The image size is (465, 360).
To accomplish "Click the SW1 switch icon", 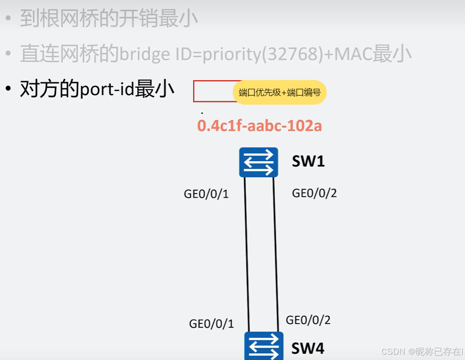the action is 259,162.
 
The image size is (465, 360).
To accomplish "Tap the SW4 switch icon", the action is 264,346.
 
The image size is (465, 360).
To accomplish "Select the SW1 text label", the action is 308,161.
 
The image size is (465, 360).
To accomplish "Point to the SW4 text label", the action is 308,348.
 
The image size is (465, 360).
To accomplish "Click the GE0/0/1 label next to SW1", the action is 207,194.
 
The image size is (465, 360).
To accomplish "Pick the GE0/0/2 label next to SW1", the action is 315,193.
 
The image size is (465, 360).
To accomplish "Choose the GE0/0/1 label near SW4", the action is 211,324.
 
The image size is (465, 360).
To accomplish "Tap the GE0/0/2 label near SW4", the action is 308,320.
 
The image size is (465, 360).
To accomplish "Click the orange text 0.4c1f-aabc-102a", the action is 259,126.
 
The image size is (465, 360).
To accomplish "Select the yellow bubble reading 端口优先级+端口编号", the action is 280,92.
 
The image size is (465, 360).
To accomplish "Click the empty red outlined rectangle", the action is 212,91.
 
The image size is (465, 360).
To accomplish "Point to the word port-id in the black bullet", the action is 107,90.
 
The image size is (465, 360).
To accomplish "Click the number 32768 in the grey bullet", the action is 299,54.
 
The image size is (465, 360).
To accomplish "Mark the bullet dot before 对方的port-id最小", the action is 8,90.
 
